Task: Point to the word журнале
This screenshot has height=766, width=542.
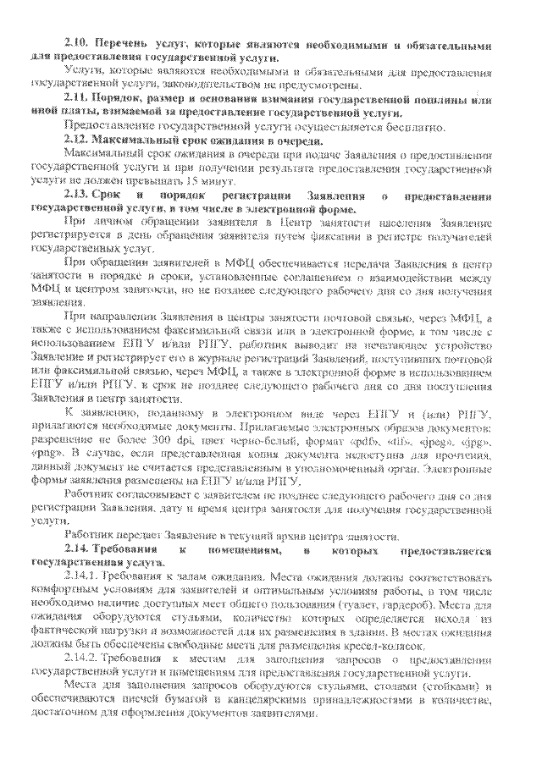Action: click(213, 359)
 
